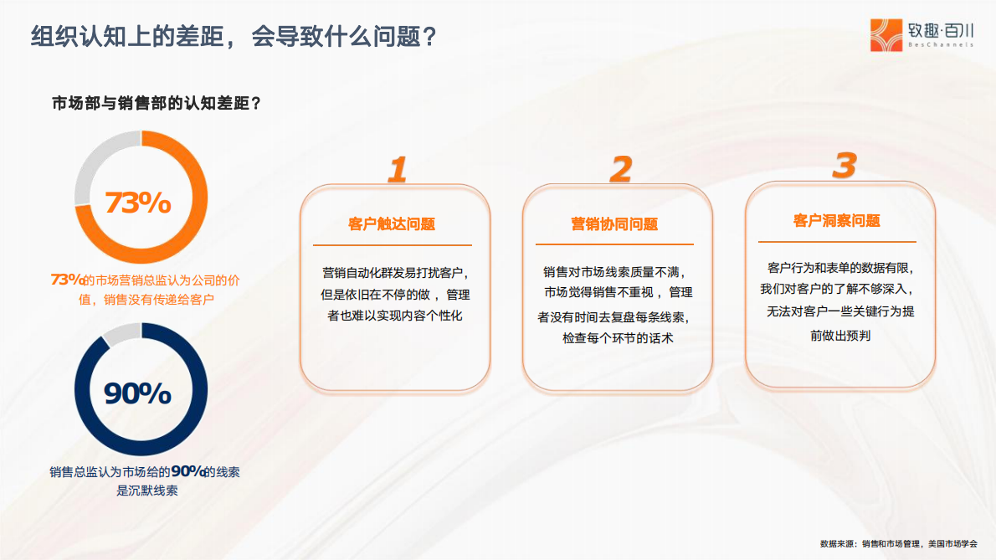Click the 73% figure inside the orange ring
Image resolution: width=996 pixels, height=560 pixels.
(x=137, y=203)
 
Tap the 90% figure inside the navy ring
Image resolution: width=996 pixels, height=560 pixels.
(x=137, y=393)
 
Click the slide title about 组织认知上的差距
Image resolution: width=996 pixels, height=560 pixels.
(x=234, y=37)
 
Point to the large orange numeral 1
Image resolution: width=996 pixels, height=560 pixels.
(x=396, y=170)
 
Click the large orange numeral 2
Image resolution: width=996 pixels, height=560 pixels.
(x=619, y=170)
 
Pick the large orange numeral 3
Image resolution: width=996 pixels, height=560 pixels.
(x=843, y=166)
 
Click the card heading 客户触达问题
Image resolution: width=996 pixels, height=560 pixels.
(x=392, y=224)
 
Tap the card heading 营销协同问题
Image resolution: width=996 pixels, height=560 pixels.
(x=614, y=224)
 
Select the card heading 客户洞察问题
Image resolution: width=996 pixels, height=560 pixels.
(x=837, y=221)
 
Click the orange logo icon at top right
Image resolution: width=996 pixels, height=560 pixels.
(x=887, y=35)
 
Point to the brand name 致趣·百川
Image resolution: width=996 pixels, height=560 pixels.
(x=942, y=30)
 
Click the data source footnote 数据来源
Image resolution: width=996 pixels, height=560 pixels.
(x=898, y=542)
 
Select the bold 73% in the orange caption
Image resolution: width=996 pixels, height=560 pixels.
(x=68, y=280)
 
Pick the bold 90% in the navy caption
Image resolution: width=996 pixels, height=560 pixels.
(x=188, y=471)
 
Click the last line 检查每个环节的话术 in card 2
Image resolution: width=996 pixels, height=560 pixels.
(x=618, y=338)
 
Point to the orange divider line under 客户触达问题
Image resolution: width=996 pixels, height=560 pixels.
(x=392, y=245)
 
